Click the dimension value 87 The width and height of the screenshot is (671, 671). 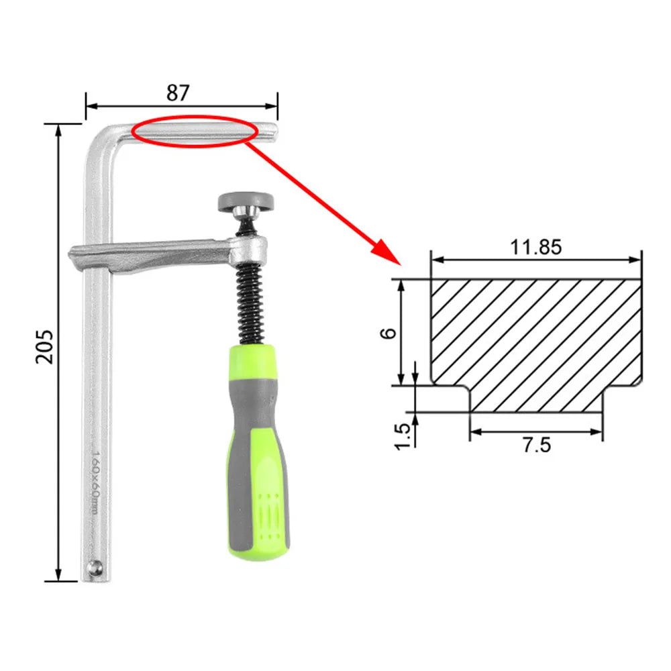click(178, 93)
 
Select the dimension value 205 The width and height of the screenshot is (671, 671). click(44, 346)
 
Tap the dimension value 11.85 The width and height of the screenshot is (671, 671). click(535, 248)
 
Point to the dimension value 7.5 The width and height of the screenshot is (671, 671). click(536, 445)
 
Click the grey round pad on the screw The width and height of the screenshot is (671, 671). click(245, 201)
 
